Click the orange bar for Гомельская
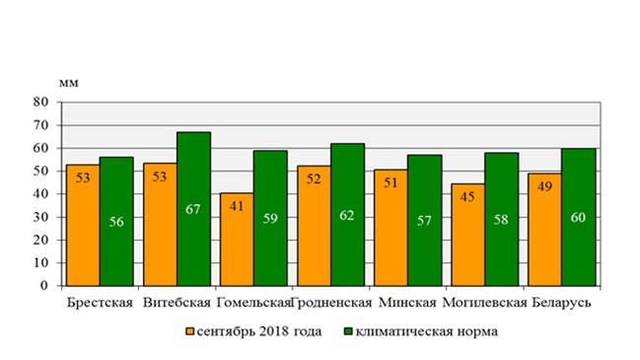click(x=237, y=240)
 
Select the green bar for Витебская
click(x=194, y=208)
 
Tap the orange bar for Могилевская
click(x=468, y=235)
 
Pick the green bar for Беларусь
click(x=579, y=217)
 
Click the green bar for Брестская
click(x=116, y=221)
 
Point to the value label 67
click(x=193, y=209)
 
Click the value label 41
click(x=237, y=206)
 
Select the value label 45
click(x=467, y=196)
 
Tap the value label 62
click(x=347, y=215)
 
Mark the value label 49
click(x=545, y=186)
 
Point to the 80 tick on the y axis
click(x=40, y=102)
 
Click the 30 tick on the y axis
click(x=40, y=217)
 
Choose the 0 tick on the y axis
click(x=44, y=286)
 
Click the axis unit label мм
click(x=69, y=83)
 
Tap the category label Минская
click(x=407, y=303)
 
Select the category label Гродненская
click(x=332, y=303)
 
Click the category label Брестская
click(x=100, y=303)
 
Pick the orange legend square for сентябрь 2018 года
click(x=189, y=331)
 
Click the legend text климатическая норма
click(x=427, y=331)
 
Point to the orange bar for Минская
click(x=391, y=228)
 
